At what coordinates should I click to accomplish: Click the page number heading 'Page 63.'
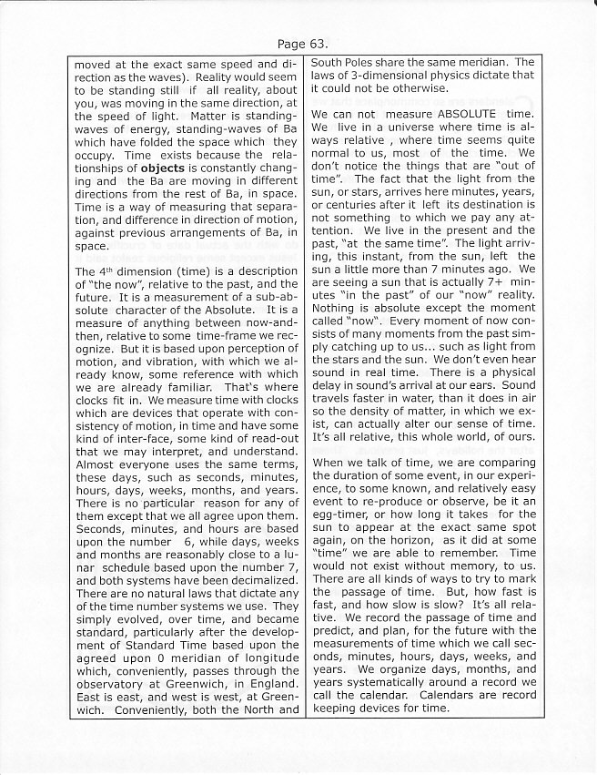298,43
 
